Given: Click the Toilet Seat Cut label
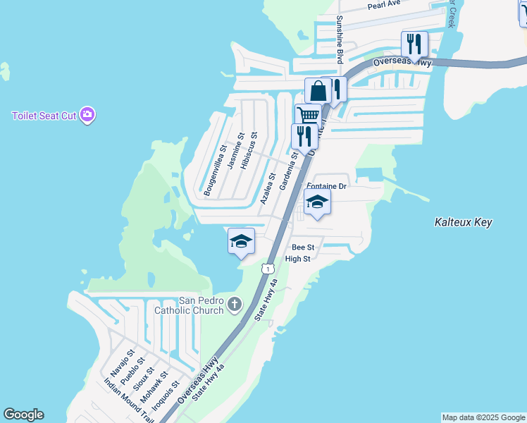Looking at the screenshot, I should coord(44,116).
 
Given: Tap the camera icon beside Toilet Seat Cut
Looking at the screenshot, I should coord(87,115).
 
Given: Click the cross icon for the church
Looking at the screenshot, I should coord(234,305).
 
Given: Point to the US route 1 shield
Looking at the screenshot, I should coord(268,269).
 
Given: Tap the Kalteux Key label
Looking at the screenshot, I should coord(463,222).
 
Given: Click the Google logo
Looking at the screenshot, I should coord(23,415).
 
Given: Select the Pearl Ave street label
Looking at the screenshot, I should coord(384,6).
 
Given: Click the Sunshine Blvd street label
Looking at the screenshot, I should coord(340,39).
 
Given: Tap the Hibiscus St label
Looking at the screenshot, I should coord(248,151).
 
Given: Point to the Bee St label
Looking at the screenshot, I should coord(303,247).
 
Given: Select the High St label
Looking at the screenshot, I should coord(297,259).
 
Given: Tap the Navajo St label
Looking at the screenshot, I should coord(122,363).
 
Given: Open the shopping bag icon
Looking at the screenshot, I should coord(318,91).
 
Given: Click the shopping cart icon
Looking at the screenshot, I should coord(307,116).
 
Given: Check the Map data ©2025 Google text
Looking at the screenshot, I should coord(483,417).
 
